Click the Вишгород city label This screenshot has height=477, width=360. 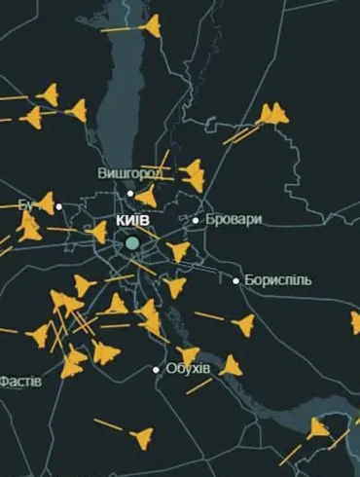(x=130, y=173)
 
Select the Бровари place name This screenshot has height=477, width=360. (x=234, y=220)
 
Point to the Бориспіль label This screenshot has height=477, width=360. (x=278, y=280)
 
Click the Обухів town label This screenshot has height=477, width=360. (x=188, y=369)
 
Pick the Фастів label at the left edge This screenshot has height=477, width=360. (x=20, y=381)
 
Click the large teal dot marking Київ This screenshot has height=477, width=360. (x=132, y=241)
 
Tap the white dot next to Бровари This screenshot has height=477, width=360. (x=196, y=220)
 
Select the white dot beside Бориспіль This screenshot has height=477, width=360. (x=235, y=281)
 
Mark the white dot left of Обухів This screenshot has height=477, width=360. (x=156, y=369)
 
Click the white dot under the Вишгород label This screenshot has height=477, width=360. (x=130, y=194)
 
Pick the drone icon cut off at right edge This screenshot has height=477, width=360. (x=355, y=322)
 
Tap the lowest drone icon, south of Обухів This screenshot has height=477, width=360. (x=142, y=437)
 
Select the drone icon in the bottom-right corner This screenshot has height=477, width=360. (x=319, y=427)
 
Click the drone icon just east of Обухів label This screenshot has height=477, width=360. (x=230, y=365)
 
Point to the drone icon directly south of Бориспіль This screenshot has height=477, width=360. (x=243, y=324)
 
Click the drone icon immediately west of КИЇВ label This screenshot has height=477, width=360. (x=97, y=232)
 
